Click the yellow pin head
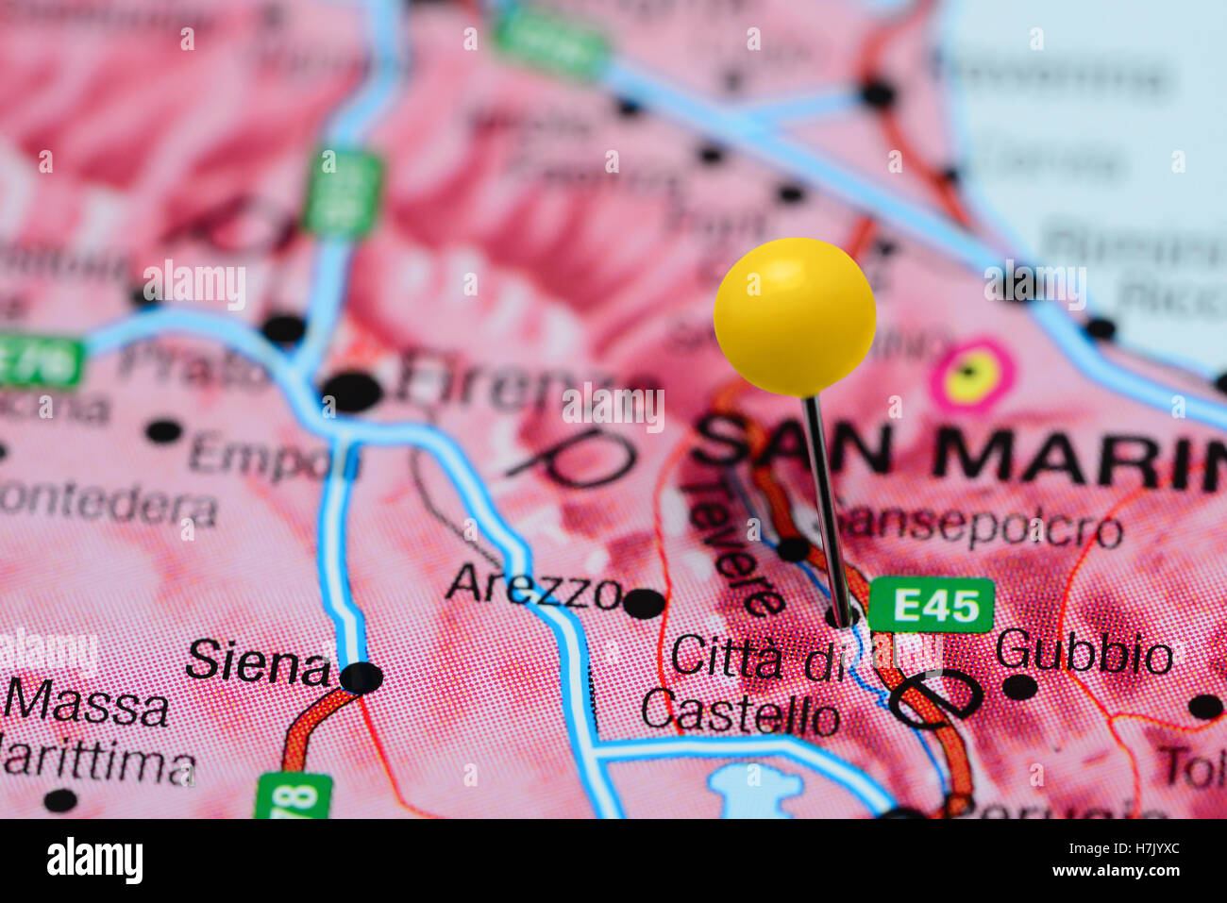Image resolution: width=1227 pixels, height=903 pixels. (x=794, y=315)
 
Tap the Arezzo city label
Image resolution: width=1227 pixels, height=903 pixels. (x=533, y=587)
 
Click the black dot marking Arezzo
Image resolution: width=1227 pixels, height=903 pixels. (x=644, y=603)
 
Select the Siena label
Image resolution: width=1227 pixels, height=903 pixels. (x=258, y=662)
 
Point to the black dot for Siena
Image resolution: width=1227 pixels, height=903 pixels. (x=361, y=677)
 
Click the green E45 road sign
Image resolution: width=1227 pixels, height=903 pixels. (x=931, y=605)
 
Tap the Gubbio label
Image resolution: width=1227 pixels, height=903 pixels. (x=1084, y=652)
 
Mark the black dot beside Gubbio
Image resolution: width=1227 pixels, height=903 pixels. (x=1018, y=686)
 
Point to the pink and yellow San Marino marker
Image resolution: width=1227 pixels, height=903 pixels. (x=971, y=376)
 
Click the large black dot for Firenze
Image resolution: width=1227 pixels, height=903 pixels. (x=350, y=392)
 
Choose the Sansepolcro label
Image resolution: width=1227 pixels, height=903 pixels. (x=982, y=527)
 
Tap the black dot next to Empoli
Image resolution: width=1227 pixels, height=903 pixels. (x=163, y=431)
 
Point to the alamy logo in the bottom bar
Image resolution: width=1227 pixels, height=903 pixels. (x=94, y=861)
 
